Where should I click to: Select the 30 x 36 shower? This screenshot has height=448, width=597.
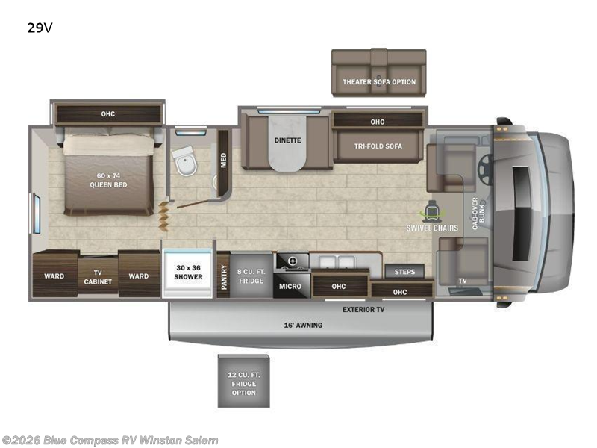(189, 272)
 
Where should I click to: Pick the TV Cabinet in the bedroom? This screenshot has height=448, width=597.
(98, 277)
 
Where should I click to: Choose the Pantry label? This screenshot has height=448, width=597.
(222, 275)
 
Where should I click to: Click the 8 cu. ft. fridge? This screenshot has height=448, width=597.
(251, 276)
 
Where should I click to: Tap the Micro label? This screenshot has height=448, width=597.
(290, 286)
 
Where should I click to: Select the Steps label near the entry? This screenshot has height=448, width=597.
(404, 272)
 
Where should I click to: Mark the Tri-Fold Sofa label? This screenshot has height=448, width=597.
(378, 146)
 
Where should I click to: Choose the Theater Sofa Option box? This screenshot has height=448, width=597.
(379, 81)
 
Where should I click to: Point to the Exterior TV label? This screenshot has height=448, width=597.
(363, 308)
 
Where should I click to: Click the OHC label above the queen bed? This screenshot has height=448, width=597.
(108, 113)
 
